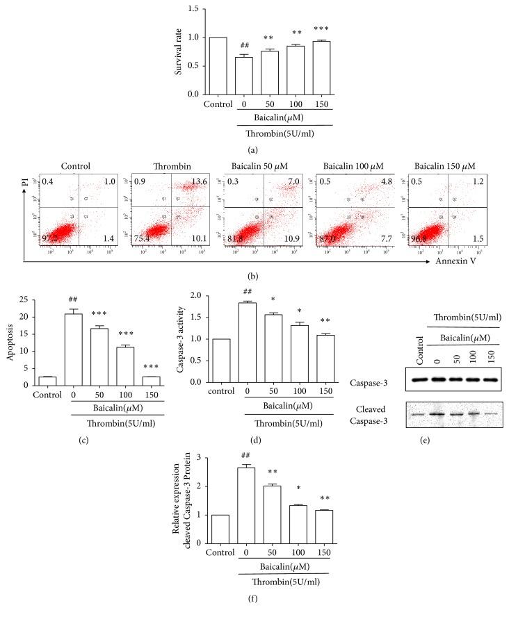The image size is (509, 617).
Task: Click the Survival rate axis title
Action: (x=168, y=51)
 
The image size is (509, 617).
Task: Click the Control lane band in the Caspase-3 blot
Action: (x=418, y=379)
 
